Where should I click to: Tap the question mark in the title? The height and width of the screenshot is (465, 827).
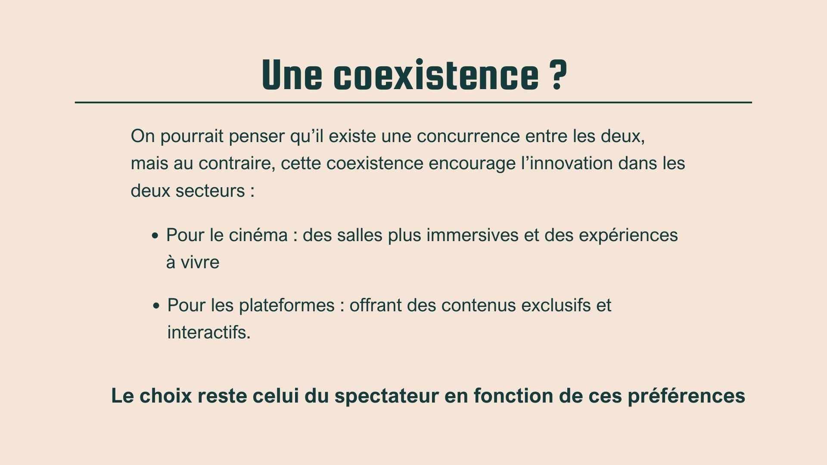[558, 75]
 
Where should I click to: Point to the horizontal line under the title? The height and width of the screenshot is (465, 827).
[413, 102]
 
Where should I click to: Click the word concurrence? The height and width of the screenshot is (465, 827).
[469, 136]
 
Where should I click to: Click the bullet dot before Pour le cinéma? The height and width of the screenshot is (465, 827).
[155, 236]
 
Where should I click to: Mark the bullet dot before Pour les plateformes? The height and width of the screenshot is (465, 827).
[156, 306]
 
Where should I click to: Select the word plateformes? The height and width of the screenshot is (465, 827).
[287, 306]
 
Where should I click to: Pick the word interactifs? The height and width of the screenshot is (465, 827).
[209, 332]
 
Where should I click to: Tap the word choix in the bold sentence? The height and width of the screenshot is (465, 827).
[166, 396]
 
